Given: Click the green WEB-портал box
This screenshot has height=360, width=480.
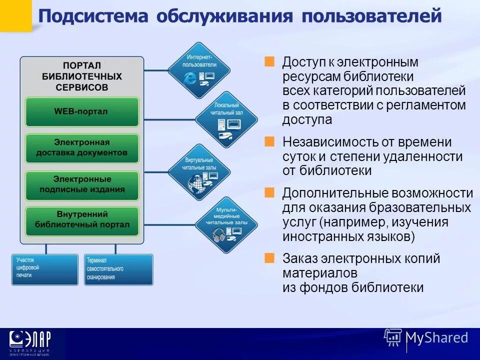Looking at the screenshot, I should tap(81, 111).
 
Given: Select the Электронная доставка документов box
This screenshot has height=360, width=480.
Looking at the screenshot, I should tap(81, 147).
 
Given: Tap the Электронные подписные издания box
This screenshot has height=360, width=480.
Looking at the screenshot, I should tap(81, 184).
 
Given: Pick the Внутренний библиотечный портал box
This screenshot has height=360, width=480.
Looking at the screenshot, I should tap(81, 220).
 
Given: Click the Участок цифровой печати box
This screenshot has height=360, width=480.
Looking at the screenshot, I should tap(45, 269).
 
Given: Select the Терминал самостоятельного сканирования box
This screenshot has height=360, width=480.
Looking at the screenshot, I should tap(118, 269).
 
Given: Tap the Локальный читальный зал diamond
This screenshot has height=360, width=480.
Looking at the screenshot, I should tap(226, 119).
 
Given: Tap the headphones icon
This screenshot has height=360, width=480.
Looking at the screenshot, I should tap(219, 233).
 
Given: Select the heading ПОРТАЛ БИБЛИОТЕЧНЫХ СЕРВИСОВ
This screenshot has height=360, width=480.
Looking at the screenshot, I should tap(81, 76).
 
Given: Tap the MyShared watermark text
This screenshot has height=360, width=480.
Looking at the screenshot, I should tap(436, 337).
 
